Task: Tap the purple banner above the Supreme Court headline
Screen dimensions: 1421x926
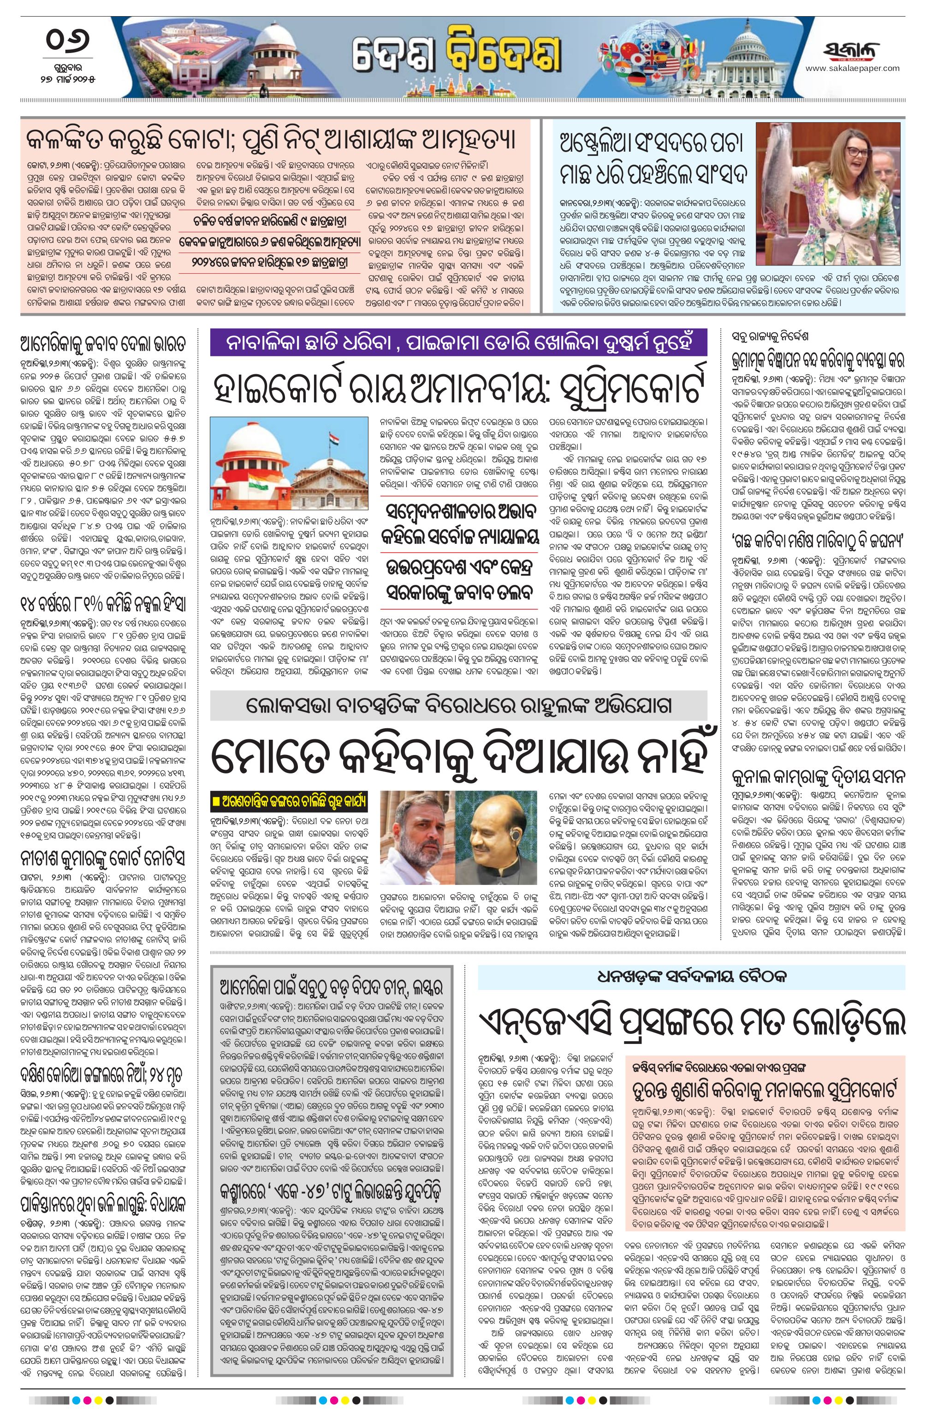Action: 458,344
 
